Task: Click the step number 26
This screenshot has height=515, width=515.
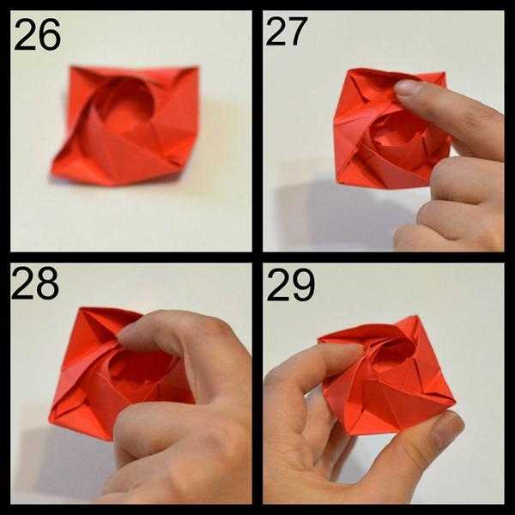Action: pos(37,34)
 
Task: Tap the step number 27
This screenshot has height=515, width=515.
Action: pos(287,31)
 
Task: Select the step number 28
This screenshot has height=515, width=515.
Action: pos(35,282)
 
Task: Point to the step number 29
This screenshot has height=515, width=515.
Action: pos(290,284)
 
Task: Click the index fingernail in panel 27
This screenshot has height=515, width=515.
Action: pos(408,88)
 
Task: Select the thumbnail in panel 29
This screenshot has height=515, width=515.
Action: pos(447,427)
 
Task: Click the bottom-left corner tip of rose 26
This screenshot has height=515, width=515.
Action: pos(51,173)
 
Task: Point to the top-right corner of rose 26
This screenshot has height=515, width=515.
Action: pos(197,68)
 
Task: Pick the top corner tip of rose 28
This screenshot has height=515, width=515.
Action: pos(81,308)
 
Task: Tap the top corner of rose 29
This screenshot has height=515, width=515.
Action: pos(418,317)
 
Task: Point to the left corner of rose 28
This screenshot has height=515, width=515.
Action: pos(50,418)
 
